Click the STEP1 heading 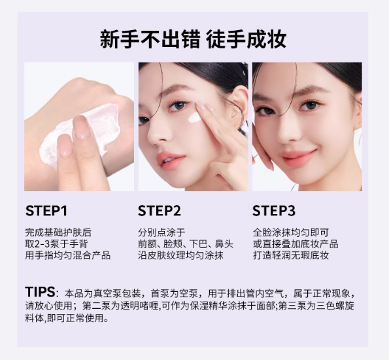point(46,211)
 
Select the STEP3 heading point(274,211)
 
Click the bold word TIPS point(40,291)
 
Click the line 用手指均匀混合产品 point(67,255)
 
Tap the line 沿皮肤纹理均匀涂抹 point(180,255)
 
